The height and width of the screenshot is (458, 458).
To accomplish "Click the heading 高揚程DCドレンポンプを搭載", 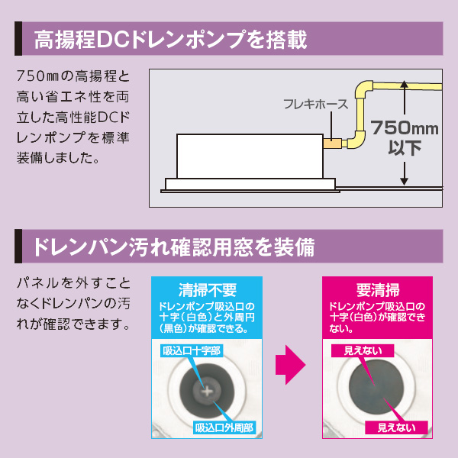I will [x=169, y=40].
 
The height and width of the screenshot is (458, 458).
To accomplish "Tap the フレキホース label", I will [x=315, y=105].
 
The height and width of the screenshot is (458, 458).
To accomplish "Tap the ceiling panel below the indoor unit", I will [x=251, y=184].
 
